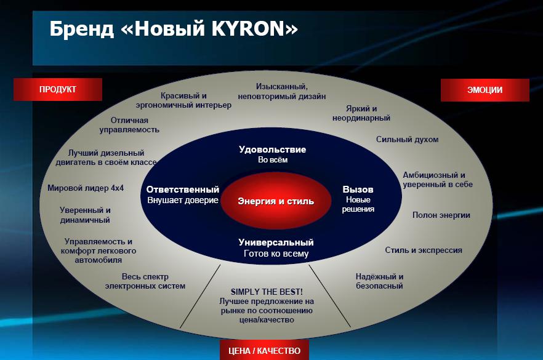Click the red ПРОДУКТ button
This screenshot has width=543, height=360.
click(57, 89)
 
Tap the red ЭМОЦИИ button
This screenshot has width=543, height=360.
click(485, 90)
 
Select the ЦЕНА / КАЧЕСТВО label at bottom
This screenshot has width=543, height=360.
click(264, 351)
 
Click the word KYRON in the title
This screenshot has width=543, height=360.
click(248, 28)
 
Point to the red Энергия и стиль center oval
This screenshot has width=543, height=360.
click(276, 201)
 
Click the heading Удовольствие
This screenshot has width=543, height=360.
click(273, 150)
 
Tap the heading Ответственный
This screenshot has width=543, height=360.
click(183, 190)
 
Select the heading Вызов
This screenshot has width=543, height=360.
click(358, 190)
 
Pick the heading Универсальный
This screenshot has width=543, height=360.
click(276, 242)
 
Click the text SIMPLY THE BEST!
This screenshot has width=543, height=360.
click(267, 292)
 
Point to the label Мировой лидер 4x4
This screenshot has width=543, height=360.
click(86, 188)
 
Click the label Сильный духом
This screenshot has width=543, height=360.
click(408, 140)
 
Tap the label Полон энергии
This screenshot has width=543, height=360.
click(441, 215)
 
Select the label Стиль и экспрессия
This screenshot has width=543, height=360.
click(424, 250)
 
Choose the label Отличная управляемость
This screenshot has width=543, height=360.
click(129, 125)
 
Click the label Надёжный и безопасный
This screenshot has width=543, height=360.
click(379, 281)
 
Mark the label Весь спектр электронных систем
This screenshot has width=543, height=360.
click(145, 281)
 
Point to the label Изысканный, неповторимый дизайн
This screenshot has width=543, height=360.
click(282, 91)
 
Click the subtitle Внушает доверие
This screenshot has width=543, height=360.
click(183, 200)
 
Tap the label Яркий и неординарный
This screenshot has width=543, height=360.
click(361, 113)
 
